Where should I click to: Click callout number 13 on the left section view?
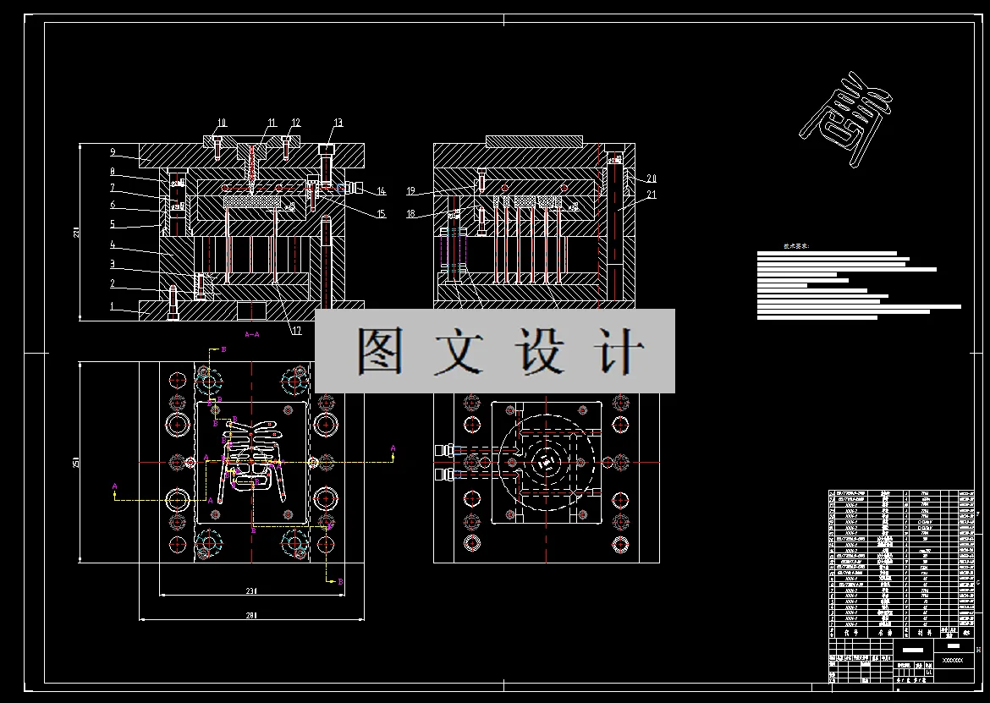tap(338, 124)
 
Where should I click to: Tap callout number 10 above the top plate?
tap(222, 123)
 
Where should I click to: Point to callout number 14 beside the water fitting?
tap(381, 192)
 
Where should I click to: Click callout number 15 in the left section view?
tap(381, 215)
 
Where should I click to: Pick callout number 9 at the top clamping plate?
tap(112, 152)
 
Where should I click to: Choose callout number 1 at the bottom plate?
tap(112, 307)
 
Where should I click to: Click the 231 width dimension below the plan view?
tap(251, 590)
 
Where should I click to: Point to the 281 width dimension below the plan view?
tap(251, 616)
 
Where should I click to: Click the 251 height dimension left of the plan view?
tap(75, 462)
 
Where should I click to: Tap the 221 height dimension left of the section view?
tap(75, 232)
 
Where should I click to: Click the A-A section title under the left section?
tap(251, 335)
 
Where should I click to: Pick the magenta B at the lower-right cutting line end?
tap(340, 582)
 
